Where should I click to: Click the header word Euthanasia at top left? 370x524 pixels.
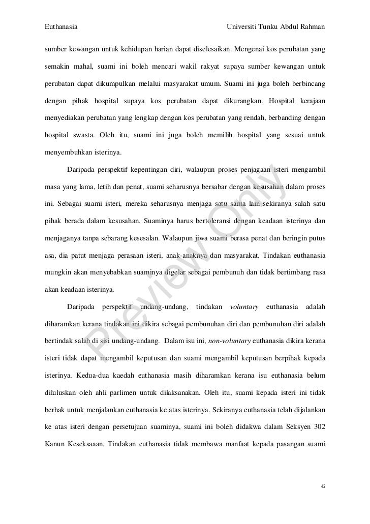[61, 25]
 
